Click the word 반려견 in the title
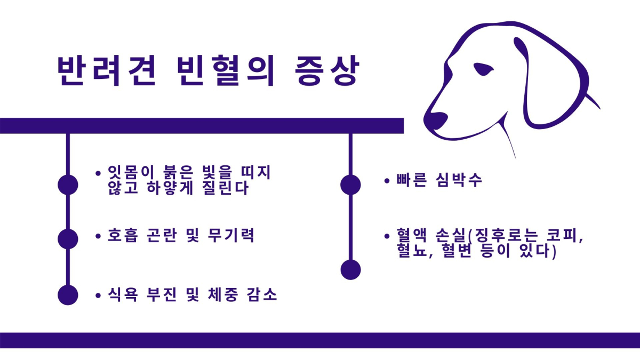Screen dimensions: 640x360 (107, 70)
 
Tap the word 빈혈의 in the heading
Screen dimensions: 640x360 (226, 70)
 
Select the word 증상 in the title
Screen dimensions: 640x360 (326, 70)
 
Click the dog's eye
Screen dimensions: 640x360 (483, 69)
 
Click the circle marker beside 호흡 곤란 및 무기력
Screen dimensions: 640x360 (68, 239)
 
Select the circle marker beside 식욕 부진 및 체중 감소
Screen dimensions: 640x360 (68, 295)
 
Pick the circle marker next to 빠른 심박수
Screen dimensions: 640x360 (350, 185)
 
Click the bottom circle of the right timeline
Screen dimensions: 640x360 (350, 269)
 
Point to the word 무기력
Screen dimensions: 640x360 (231, 235)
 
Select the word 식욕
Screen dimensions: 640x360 (123, 294)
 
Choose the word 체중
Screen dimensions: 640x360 (223, 294)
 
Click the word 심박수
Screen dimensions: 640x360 (459, 180)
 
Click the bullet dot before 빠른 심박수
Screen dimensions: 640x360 (387, 181)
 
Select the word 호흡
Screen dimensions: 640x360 (123, 235)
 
